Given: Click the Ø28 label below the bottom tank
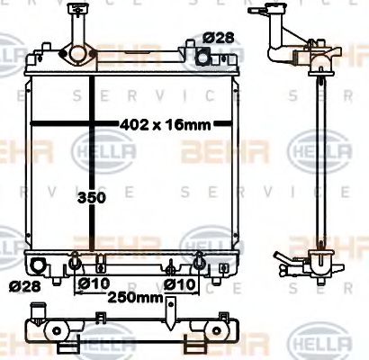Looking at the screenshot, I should pyautogui.click(x=26, y=286).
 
